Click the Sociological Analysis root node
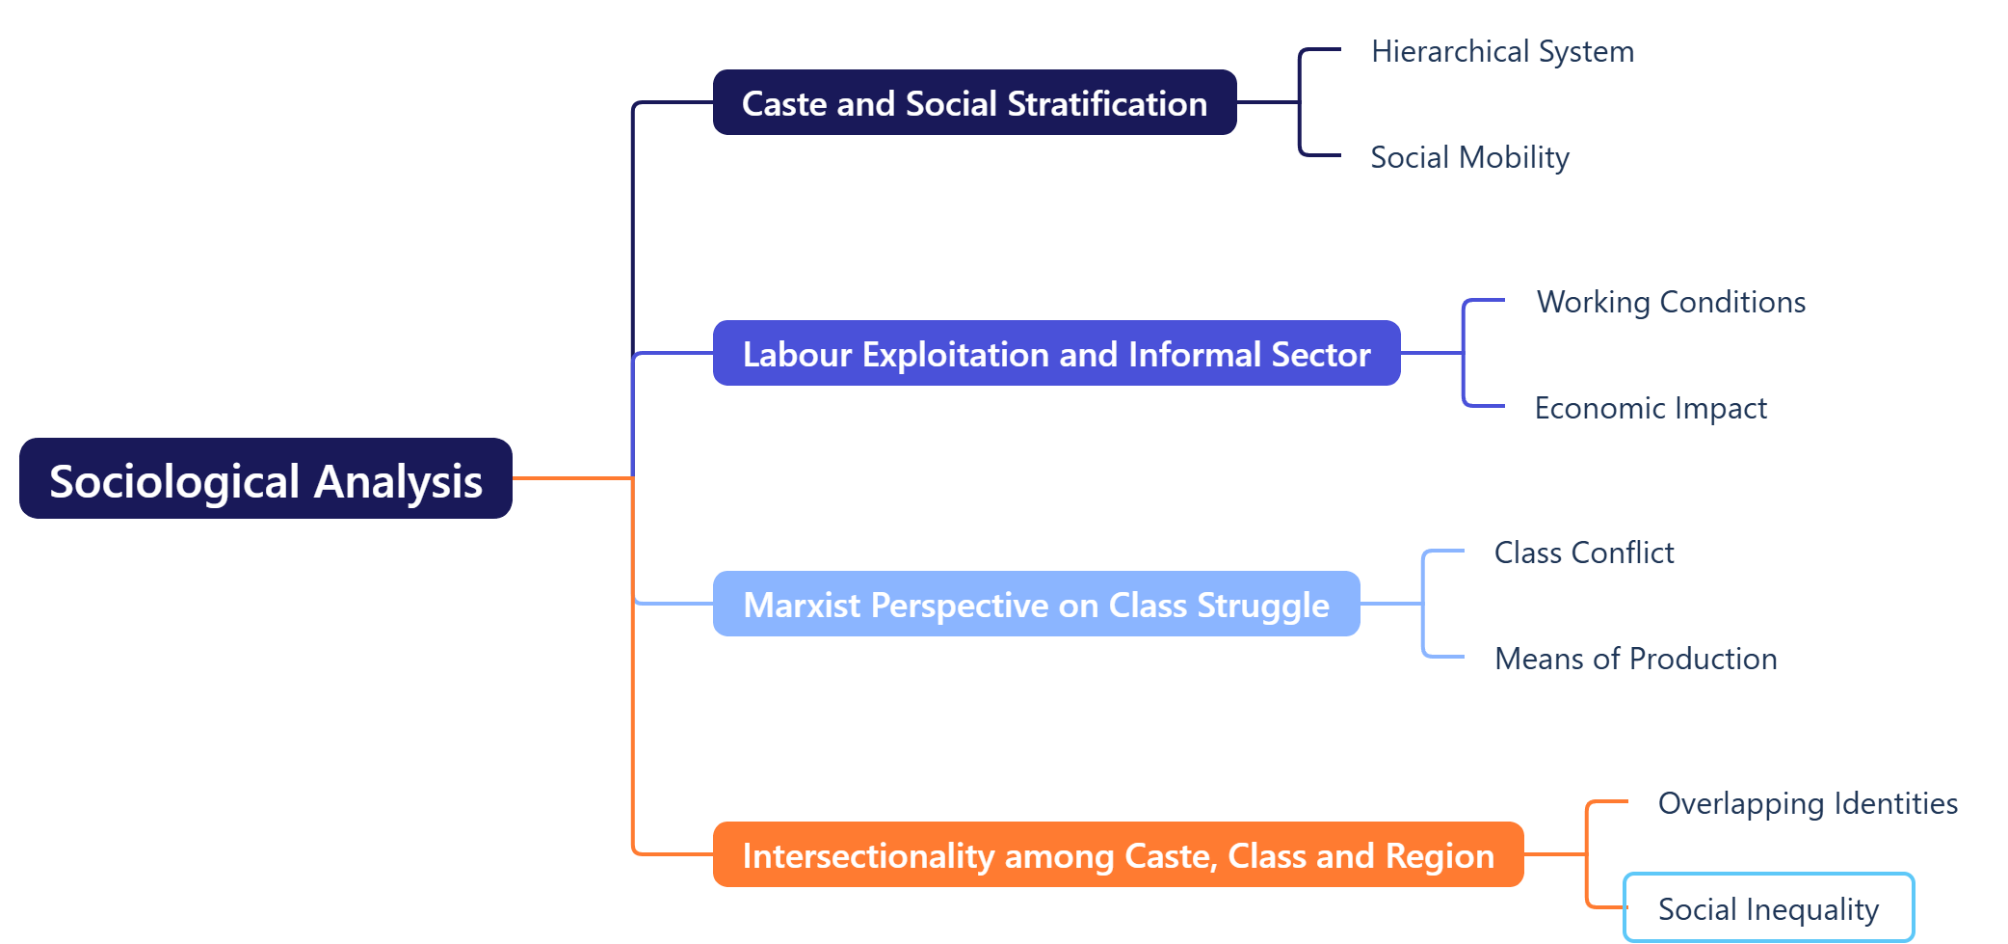point(265,479)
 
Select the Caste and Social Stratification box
point(974,103)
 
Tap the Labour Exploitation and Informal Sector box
point(1056,354)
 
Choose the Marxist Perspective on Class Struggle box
point(1036,605)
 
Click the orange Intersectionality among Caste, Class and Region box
point(1118,855)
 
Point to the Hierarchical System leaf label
point(1502,51)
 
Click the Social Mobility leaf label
point(1469,157)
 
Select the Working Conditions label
point(1670,302)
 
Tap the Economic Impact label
point(1650,408)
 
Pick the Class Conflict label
point(1583,553)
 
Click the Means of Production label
point(1635,659)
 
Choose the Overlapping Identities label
point(1807,803)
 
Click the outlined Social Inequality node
point(1768,908)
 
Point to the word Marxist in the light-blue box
point(802,606)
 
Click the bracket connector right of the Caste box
point(1300,102)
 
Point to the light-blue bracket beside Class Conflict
point(1424,604)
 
